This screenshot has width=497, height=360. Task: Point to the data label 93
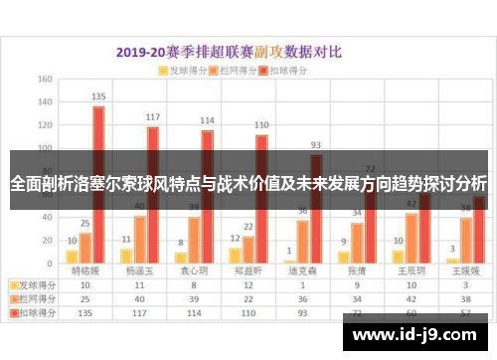click(316, 144)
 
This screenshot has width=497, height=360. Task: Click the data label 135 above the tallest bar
click(98, 96)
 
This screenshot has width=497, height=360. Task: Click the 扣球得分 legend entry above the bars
click(289, 72)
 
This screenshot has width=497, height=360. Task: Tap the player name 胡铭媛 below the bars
click(84, 270)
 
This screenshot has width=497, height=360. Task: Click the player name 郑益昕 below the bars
click(248, 270)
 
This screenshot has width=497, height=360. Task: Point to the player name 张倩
click(357, 270)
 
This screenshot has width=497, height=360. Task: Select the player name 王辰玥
click(411, 270)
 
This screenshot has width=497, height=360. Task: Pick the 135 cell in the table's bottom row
click(84, 311)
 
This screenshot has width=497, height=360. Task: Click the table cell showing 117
click(139, 311)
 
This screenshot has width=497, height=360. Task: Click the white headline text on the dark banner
click(248, 184)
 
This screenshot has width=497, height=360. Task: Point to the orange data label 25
click(85, 223)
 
